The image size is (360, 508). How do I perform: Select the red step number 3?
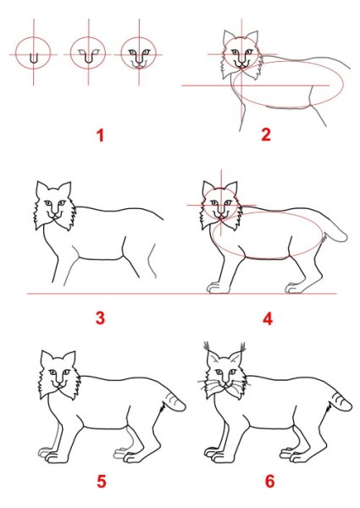pyautogui.click(x=100, y=318)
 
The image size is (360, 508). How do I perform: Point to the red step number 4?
pyautogui.click(x=268, y=318)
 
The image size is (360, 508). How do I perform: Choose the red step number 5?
pyautogui.click(x=101, y=483)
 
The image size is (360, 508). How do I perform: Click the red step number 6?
pyautogui.click(x=269, y=483)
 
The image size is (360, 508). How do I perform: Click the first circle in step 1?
pyautogui.click(x=33, y=55)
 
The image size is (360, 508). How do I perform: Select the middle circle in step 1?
pyautogui.click(x=86, y=55)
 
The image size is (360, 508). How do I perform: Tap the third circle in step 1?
pyautogui.click(x=137, y=55)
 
